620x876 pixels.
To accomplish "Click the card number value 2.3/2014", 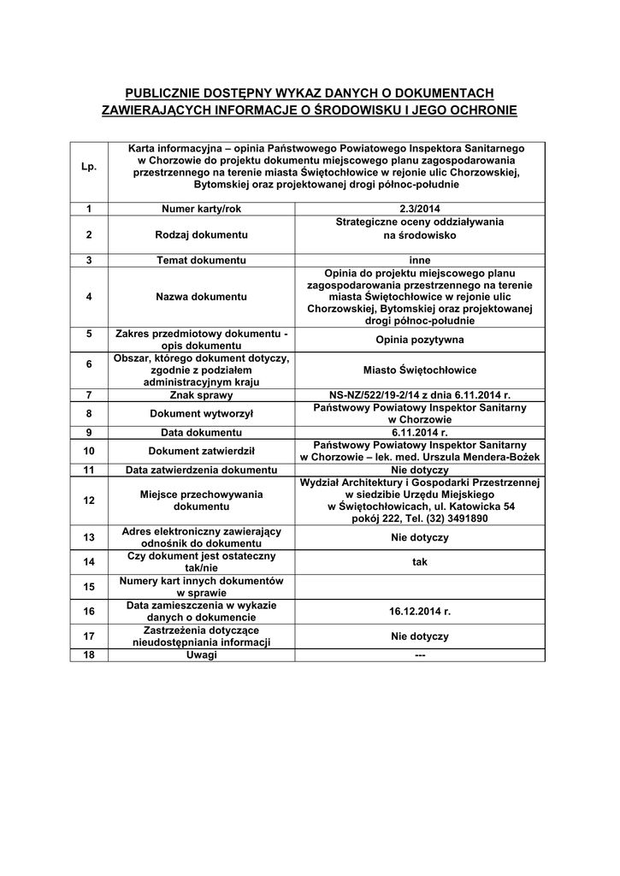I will [x=419, y=209].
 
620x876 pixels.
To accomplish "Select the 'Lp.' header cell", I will [x=89, y=166].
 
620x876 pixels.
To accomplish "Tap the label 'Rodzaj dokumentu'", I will [x=201, y=234].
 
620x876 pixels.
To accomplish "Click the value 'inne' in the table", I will [x=419, y=260].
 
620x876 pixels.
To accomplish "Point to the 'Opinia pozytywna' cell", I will [x=419, y=340].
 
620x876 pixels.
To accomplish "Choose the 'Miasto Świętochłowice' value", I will [x=419, y=370].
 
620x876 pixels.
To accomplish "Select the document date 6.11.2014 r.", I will [x=419, y=432].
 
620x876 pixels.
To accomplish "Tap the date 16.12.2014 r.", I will [x=419, y=611].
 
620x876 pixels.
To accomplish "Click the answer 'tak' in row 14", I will [x=419, y=561].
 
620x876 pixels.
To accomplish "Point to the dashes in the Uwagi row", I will [x=419, y=655].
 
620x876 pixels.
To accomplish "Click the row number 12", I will [x=89, y=500].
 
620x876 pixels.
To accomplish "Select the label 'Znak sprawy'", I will [x=201, y=395].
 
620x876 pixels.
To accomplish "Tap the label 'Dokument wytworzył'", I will [x=201, y=413].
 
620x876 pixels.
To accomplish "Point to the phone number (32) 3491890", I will [x=452, y=518].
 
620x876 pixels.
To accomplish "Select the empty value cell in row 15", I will [x=419, y=586].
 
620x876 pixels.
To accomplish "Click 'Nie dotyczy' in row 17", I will [x=419, y=636].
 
